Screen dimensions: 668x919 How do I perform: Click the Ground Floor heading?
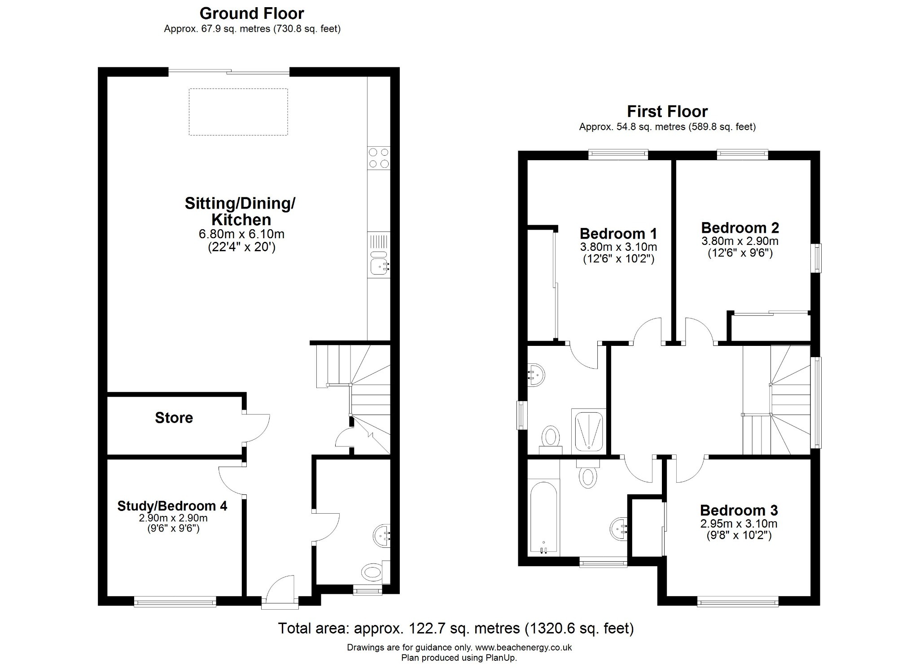click(252, 13)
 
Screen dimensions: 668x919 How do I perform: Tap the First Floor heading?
click(667, 111)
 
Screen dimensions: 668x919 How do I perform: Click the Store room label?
click(174, 418)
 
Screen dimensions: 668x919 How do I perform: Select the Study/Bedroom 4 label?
click(172, 506)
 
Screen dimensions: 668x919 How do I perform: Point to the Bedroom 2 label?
click(740, 227)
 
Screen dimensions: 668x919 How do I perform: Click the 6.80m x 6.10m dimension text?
click(241, 234)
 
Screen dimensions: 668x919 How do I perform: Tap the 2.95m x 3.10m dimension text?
click(738, 524)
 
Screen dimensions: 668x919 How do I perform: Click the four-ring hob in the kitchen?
click(378, 158)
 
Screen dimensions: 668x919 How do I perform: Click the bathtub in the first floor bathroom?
click(543, 517)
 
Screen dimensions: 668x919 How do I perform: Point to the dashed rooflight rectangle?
click(238, 112)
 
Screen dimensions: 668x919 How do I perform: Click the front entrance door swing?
click(279, 589)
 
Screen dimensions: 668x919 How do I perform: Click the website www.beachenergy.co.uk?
click(523, 647)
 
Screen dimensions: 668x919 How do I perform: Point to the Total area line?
click(455, 628)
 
